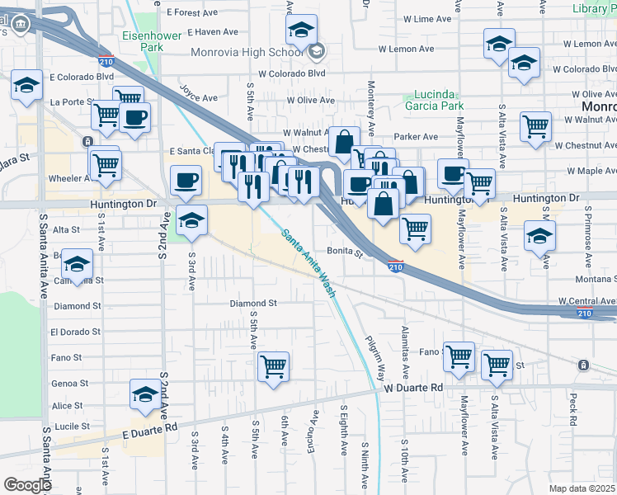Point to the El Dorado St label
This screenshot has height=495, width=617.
pyautogui.click(x=75, y=332)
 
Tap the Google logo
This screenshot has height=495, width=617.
pyautogui.click(x=27, y=485)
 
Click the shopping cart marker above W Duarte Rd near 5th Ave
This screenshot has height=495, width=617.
pyautogui.click(x=273, y=365)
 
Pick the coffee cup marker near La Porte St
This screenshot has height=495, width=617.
pyautogui.click(x=134, y=115)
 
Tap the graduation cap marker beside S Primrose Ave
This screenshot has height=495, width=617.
pyautogui.click(x=539, y=237)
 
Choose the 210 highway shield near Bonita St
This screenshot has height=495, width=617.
pyautogui.click(x=396, y=266)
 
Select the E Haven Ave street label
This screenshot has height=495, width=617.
pyautogui.click(x=213, y=32)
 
